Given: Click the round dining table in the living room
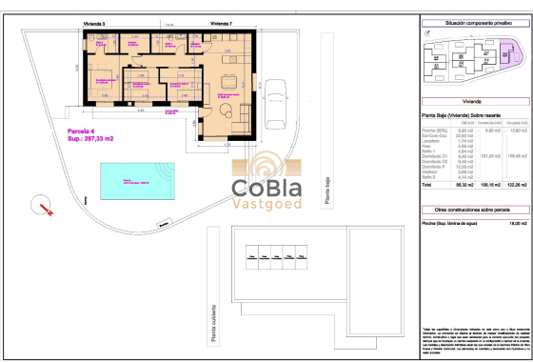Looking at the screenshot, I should click(x=231, y=80).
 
